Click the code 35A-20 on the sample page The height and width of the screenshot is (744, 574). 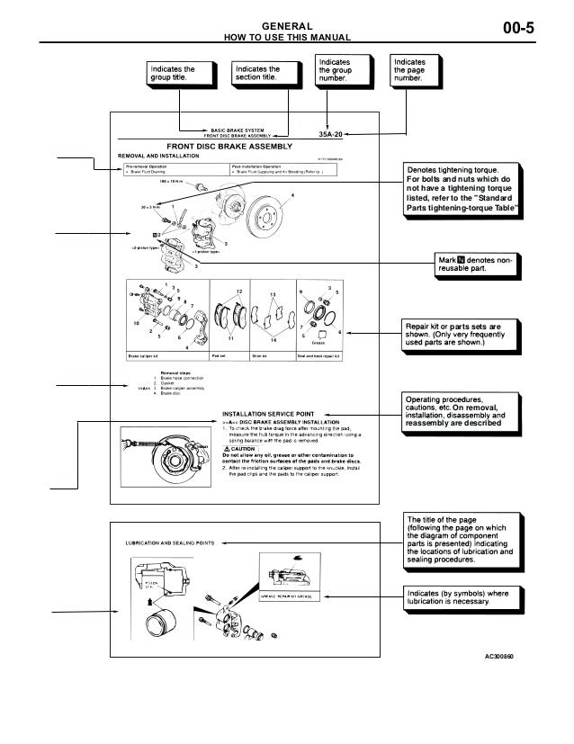click(333, 136)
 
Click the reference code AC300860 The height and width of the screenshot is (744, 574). click(502, 657)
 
